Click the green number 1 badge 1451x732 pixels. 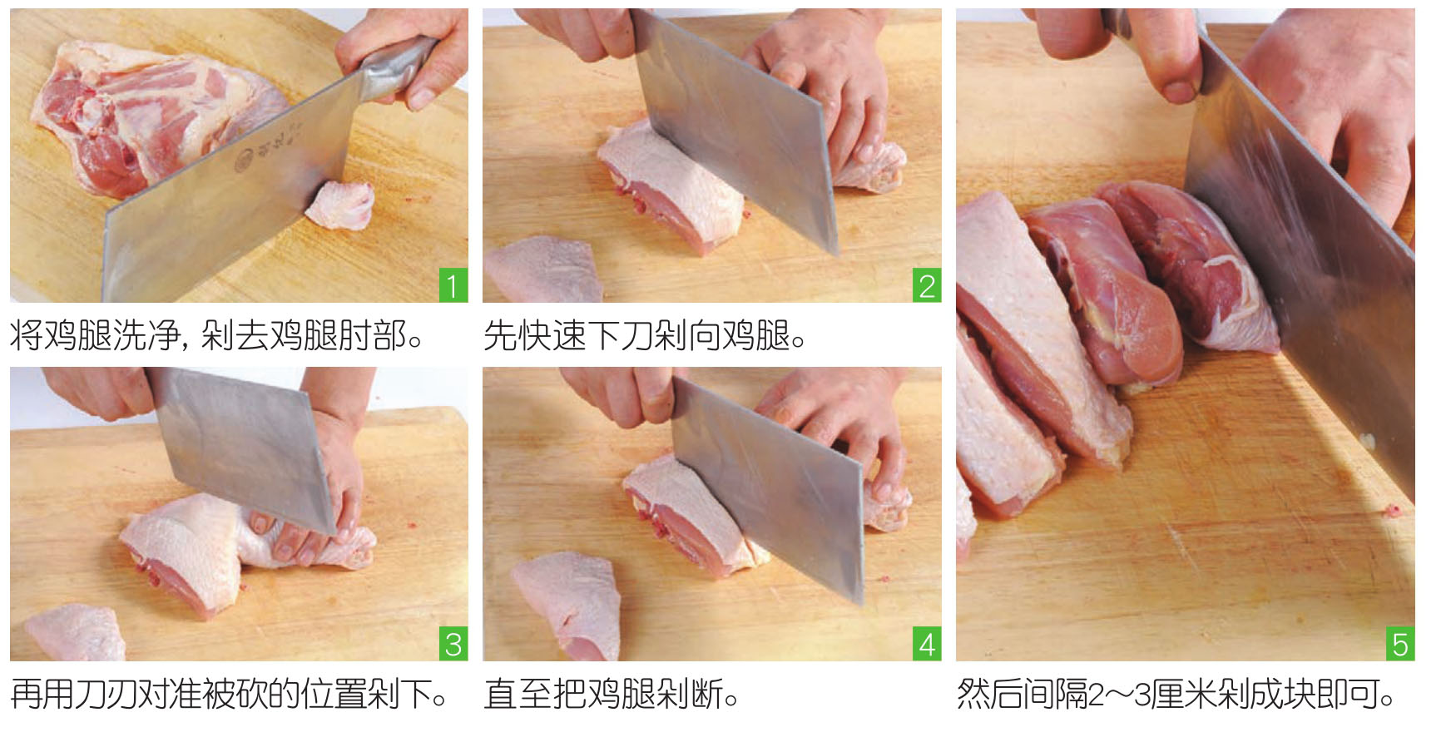[x=453, y=286]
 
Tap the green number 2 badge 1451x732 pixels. [x=926, y=286]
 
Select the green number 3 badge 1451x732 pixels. [x=453, y=645]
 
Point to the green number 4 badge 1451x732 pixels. [x=926, y=645]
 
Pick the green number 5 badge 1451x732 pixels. [x=1399, y=645]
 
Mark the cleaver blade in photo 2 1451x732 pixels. [x=736, y=125]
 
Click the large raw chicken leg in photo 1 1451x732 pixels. [x=158, y=116]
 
